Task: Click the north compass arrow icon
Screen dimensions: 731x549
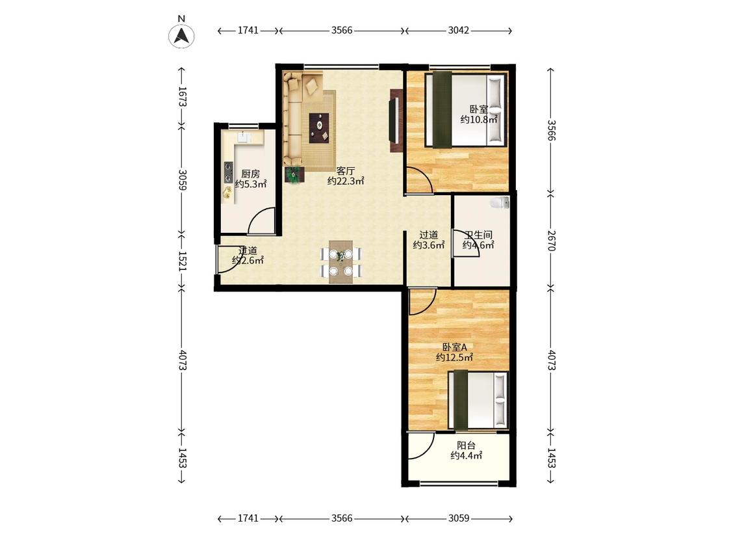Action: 181,36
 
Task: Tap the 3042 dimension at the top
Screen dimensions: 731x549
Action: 459,31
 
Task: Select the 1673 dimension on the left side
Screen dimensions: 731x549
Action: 183,97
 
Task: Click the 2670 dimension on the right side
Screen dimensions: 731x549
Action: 551,240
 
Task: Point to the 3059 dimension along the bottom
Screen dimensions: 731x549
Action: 459,518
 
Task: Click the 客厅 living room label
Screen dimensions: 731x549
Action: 346,171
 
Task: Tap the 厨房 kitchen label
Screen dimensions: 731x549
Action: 250,174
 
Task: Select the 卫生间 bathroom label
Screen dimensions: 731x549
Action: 478,235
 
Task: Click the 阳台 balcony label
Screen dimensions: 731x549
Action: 466,446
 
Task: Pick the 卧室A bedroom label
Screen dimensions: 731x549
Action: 455,347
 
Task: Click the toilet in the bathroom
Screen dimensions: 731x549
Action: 500,202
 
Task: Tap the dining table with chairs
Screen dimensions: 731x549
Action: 340,262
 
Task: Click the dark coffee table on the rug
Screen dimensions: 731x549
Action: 319,127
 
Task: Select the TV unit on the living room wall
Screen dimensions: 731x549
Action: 395,120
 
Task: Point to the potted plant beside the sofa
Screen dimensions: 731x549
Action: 294,174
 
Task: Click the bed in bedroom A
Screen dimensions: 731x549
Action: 478,399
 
